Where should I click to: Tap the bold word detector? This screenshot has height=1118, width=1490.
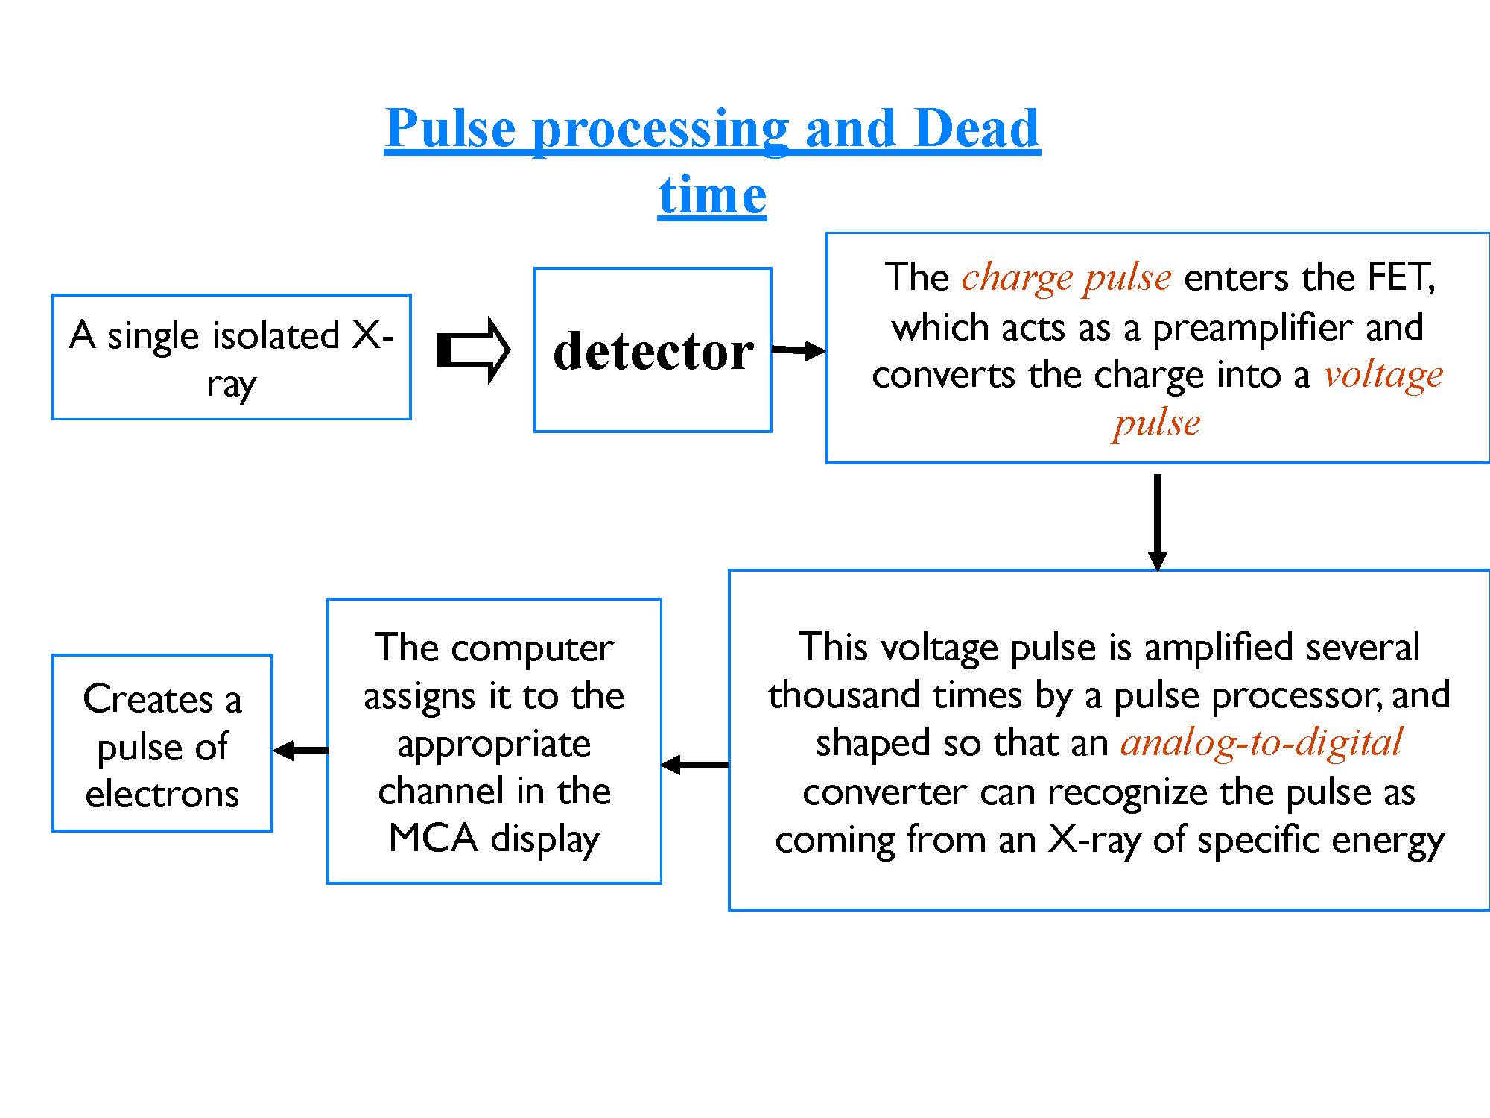point(653,350)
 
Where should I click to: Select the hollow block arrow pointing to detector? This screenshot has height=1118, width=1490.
point(473,350)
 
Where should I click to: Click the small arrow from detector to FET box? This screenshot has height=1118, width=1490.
point(799,350)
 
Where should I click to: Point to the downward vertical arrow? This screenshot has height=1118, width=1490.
point(1157,522)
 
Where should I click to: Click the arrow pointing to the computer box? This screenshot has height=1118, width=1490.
point(695,765)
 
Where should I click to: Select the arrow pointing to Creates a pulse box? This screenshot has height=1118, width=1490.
point(300,751)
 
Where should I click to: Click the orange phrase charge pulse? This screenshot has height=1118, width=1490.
point(1066,277)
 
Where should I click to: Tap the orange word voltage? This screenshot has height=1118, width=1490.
point(1383,374)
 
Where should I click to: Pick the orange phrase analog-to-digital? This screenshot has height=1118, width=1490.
point(1262,742)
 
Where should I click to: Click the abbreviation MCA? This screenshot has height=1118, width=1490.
point(433,838)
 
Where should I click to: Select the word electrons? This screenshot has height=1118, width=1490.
point(162,794)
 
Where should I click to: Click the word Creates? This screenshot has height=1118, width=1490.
point(148,699)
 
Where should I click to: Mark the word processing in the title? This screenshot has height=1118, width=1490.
point(660,129)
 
